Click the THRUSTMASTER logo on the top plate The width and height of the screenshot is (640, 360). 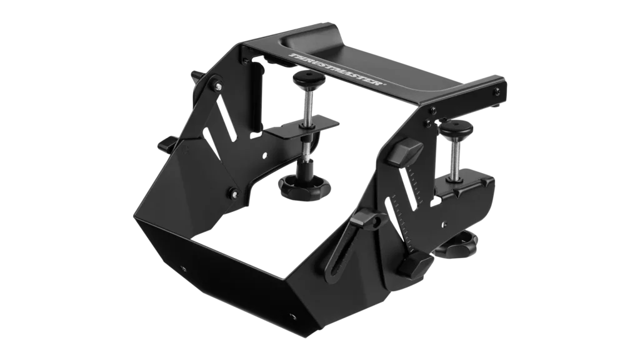(x=337, y=69)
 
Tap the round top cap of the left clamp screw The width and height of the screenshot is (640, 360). (x=306, y=77)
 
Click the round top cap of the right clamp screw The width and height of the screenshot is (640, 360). (x=456, y=128)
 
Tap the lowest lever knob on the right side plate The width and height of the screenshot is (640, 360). (x=414, y=264)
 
